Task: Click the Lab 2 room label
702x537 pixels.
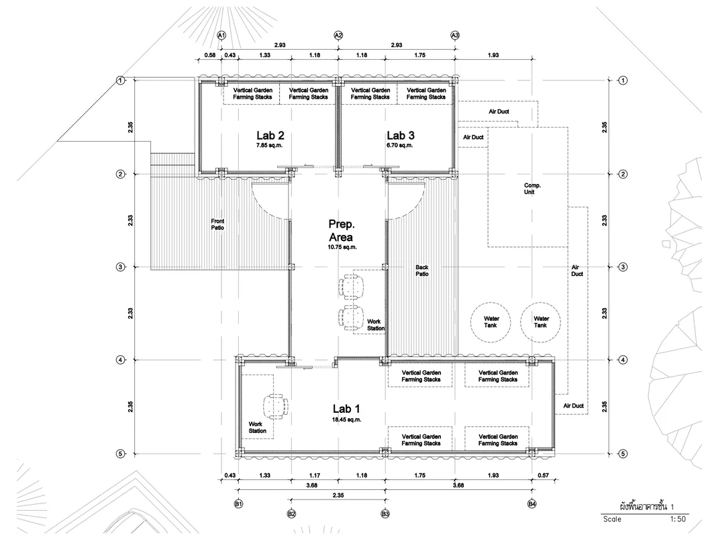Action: point(270,136)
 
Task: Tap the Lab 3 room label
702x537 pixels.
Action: point(401,136)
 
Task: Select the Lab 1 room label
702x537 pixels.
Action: point(346,409)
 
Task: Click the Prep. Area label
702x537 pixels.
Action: point(341,231)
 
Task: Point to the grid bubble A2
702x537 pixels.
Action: point(338,36)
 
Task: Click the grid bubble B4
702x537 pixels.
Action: point(532,504)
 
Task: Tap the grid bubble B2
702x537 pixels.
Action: point(291,514)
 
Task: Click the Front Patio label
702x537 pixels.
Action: point(217,224)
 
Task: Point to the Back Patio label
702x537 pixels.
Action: point(421,271)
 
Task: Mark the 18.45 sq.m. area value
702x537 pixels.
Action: point(346,420)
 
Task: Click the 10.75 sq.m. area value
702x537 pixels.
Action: point(342,247)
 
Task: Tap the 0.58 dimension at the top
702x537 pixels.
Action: point(210,55)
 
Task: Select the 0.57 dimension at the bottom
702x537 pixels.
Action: point(543,475)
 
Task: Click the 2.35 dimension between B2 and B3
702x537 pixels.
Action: point(338,495)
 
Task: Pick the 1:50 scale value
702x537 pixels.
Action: point(678,519)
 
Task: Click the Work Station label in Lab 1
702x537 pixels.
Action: point(258,428)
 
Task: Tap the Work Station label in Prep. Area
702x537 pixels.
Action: point(376,325)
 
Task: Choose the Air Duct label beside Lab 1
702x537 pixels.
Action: point(574,406)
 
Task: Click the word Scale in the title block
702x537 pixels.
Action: point(612,519)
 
